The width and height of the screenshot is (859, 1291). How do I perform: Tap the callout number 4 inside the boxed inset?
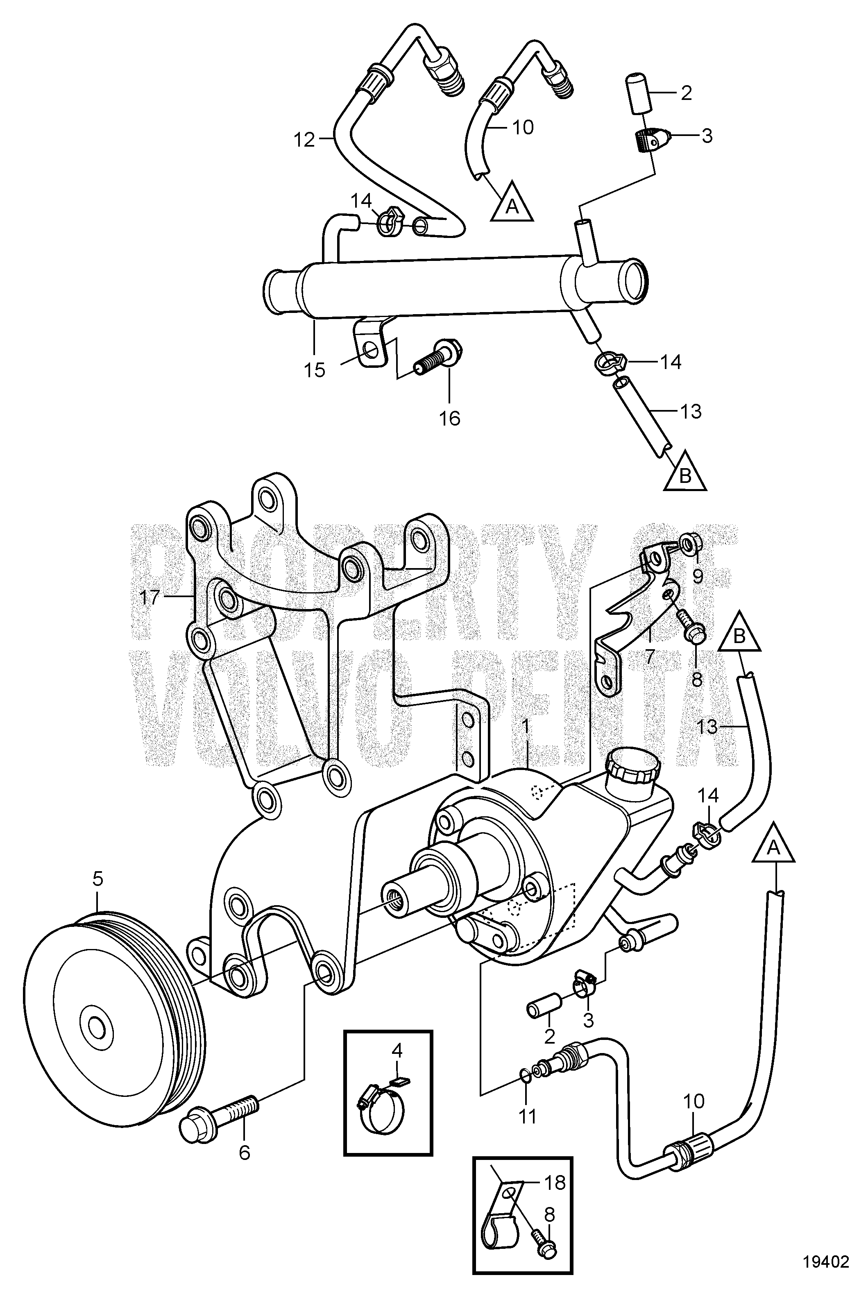coord(397,1049)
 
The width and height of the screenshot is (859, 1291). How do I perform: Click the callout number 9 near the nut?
coord(697,575)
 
